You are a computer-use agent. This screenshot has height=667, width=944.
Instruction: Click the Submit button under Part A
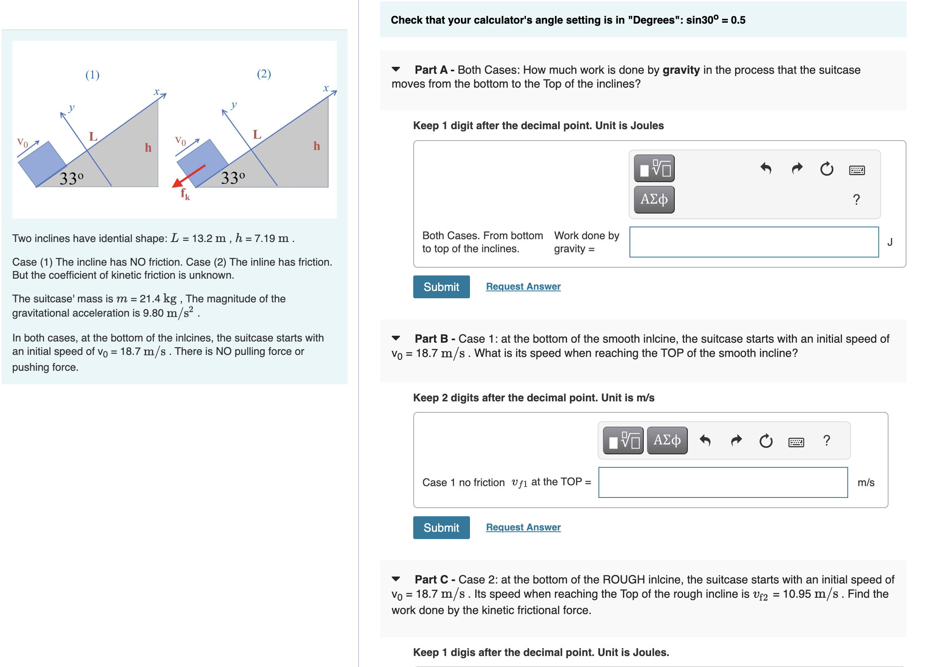pyautogui.click(x=441, y=287)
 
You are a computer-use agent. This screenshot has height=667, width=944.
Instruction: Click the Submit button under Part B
pyautogui.click(x=441, y=527)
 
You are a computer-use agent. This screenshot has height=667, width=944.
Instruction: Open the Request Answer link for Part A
pyautogui.click(x=523, y=286)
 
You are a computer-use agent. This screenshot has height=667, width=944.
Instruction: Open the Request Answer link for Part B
pyautogui.click(x=523, y=527)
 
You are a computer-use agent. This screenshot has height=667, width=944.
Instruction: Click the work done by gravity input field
pyautogui.click(x=753, y=242)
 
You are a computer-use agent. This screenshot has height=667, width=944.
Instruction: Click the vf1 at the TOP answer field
pyautogui.click(x=722, y=482)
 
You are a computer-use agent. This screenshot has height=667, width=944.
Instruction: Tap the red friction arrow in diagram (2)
pyautogui.click(x=189, y=176)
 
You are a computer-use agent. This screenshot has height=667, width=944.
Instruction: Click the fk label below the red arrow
pyautogui.click(x=185, y=194)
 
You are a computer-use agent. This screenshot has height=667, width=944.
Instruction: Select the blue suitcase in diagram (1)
pyautogui.click(x=42, y=163)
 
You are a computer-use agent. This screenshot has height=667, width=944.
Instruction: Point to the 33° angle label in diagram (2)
pyautogui.click(x=233, y=178)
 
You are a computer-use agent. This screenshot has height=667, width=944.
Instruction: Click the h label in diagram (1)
pyautogui.click(x=148, y=147)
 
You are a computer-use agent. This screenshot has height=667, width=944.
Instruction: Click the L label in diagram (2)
pyautogui.click(x=257, y=134)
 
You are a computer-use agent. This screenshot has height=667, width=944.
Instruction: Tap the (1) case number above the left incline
pyautogui.click(x=92, y=75)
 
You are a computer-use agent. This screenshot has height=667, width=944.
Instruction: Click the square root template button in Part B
pyautogui.click(x=623, y=440)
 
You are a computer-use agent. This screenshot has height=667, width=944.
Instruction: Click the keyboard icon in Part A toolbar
pyautogui.click(x=856, y=170)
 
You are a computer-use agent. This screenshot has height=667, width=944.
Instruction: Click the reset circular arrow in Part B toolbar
pyautogui.click(x=766, y=441)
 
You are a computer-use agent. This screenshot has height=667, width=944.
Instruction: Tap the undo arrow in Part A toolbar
pyautogui.click(x=766, y=168)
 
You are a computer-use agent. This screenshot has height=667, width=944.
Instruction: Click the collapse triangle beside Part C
pyautogui.click(x=396, y=579)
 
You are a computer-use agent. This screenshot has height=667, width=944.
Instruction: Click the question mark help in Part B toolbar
pyautogui.click(x=827, y=440)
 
